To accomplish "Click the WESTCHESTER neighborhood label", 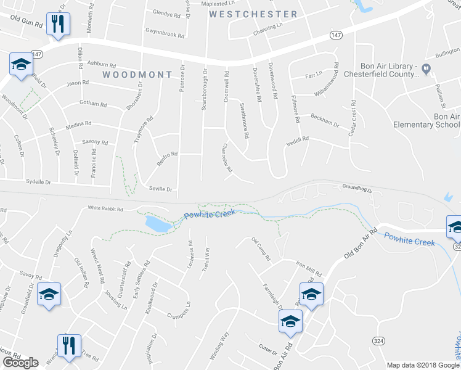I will (x=253, y=14).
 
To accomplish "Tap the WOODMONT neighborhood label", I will (x=137, y=75).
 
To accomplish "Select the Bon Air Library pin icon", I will (x=425, y=70).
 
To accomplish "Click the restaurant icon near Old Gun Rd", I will (x=58, y=25).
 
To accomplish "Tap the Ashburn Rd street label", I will (x=102, y=64).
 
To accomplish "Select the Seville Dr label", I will (x=160, y=189).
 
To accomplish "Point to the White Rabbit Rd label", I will (x=105, y=208).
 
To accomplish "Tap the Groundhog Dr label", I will (x=357, y=187).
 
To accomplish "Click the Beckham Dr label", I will (x=325, y=120).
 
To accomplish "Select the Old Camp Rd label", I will (x=261, y=249).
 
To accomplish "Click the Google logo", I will (x=20, y=363).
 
